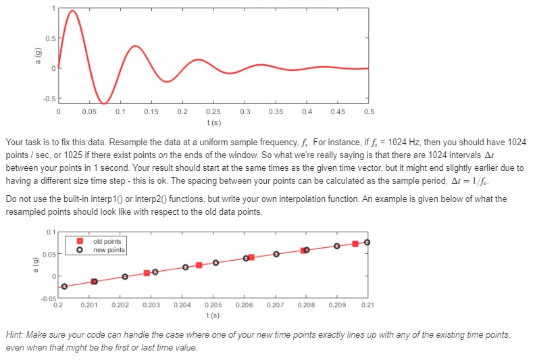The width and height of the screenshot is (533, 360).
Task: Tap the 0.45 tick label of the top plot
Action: click(337, 111)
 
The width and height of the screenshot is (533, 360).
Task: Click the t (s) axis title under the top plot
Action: click(213, 122)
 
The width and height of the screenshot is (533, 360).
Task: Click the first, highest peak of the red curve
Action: click(73, 11)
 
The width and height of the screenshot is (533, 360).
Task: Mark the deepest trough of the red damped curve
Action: click(103, 103)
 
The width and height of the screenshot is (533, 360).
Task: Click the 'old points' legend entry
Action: click(107, 240)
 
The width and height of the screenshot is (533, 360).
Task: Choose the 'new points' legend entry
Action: click(108, 249)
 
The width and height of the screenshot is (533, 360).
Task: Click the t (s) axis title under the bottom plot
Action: click(213, 315)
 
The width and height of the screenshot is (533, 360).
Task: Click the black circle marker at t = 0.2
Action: click(64, 286)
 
